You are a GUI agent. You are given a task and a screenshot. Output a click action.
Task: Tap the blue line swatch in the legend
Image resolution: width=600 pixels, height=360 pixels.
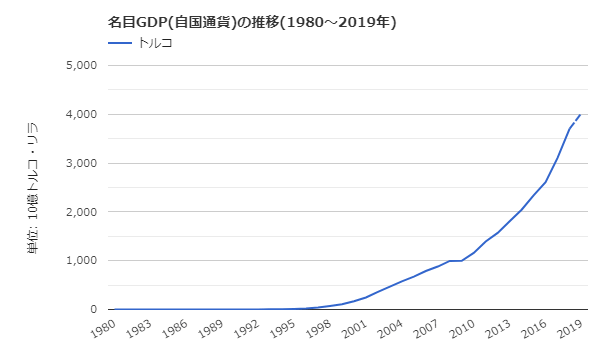(x=120, y=43)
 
